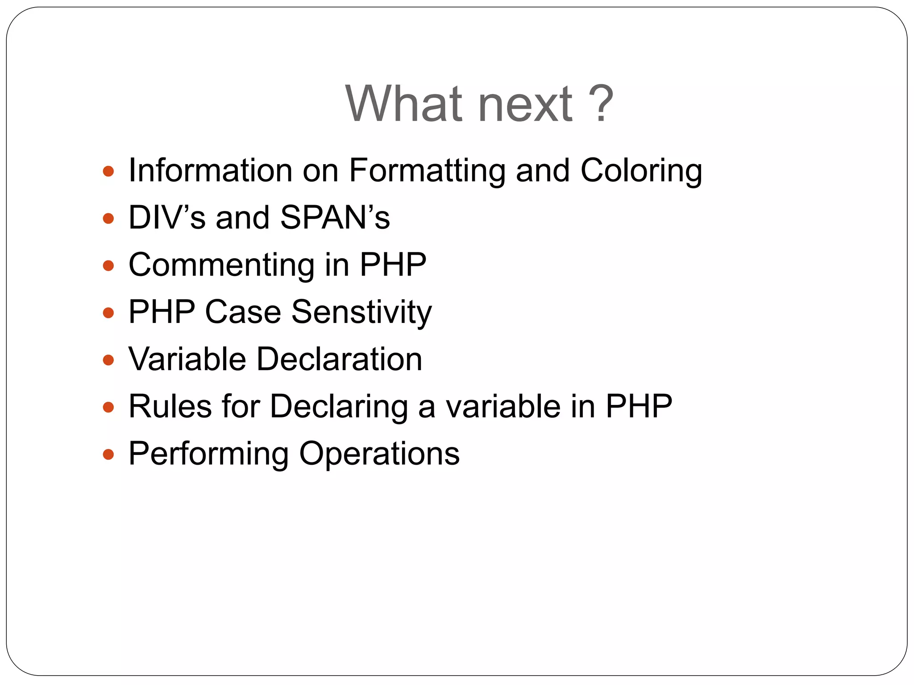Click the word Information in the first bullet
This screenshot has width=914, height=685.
click(x=210, y=170)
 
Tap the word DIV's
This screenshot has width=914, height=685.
click(x=167, y=218)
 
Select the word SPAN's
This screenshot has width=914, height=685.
click(x=335, y=218)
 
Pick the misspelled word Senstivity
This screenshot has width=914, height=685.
click(x=361, y=313)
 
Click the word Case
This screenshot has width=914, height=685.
click(x=243, y=312)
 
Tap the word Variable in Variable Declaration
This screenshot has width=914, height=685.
click(x=187, y=359)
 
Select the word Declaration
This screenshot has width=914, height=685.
click(x=339, y=359)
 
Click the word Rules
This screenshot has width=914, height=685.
click(x=170, y=406)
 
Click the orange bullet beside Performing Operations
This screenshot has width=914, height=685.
click(x=108, y=454)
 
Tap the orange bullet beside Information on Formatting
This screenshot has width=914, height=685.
click(x=108, y=171)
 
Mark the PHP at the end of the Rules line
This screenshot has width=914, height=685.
click(x=639, y=406)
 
